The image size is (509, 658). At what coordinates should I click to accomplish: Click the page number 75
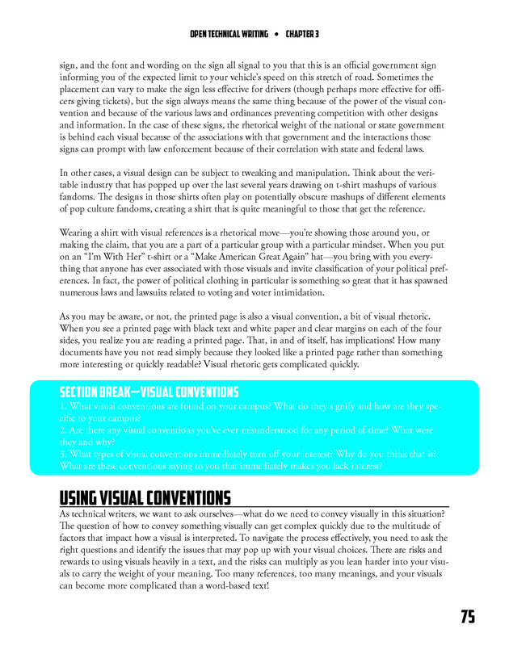tap(468, 617)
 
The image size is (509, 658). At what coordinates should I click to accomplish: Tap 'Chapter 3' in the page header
tap(302, 34)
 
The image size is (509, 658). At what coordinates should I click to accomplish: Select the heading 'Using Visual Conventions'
tap(145, 497)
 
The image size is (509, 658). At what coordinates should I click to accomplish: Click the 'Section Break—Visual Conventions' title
tap(149, 392)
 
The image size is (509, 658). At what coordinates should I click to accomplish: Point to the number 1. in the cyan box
tap(64, 407)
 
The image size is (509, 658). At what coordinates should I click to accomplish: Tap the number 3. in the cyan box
tap(64, 454)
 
